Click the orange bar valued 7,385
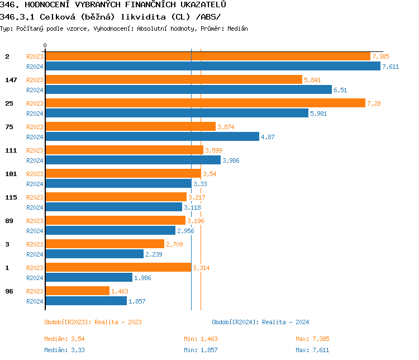click(207, 56)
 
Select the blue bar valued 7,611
click(212, 67)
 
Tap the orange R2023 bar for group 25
click(205, 103)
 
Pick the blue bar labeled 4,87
click(152, 137)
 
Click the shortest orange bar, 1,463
click(77, 291)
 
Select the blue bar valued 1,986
click(88, 278)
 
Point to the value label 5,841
click(312, 80)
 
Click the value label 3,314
click(201, 268)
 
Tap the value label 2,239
click(153, 254)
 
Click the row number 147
click(11, 80)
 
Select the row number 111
click(11, 151)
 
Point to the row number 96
click(9, 292)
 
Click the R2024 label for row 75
click(35, 137)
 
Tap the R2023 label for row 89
click(35, 221)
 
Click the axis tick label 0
click(45, 45)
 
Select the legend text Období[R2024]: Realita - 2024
click(260, 322)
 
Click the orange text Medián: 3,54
click(64, 339)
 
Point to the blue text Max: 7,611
click(312, 350)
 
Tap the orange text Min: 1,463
click(201, 339)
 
